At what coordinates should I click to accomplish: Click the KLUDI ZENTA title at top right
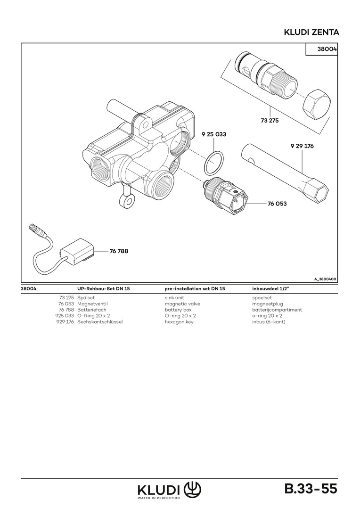click(311, 32)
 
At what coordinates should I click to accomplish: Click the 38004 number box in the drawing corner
click(322, 49)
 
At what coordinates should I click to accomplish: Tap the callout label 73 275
click(270, 121)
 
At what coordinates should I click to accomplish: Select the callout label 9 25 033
click(213, 134)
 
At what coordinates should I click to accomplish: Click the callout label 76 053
click(277, 204)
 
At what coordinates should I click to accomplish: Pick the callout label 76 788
click(119, 251)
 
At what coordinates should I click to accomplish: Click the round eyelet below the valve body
click(126, 201)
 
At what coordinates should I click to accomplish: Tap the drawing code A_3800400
click(325, 279)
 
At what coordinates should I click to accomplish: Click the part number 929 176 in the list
click(65, 322)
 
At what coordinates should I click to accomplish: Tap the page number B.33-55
click(311, 488)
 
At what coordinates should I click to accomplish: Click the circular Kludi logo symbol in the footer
click(192, 488)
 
